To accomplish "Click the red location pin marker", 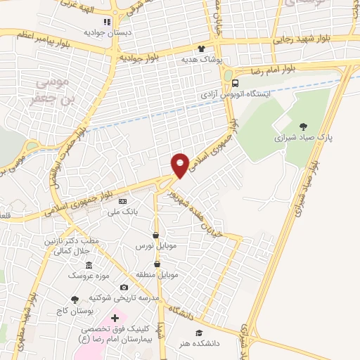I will (x=180, y=165).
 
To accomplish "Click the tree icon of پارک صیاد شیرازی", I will (x=303, y=127).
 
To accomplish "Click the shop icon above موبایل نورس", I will (x=155, y=236).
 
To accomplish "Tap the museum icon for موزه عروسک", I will (x=89, y=265).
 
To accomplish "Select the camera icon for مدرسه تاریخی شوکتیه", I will (x=124, y=287).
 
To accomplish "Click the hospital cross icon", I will (x=115, y=319).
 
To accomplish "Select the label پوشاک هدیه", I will (x=202, y=60).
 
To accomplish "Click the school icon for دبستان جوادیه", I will (x=107, y=21).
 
